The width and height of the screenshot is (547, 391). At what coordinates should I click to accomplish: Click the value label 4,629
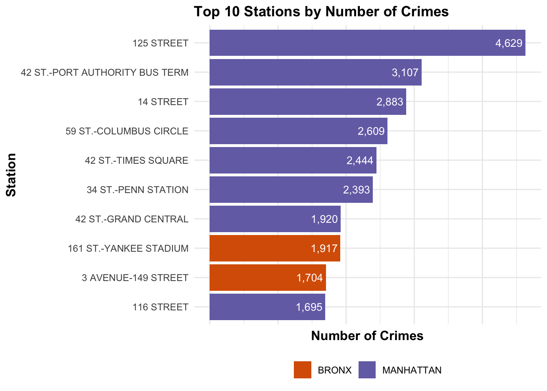coord(509,43)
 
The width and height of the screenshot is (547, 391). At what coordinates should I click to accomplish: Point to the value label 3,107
coord(405,72)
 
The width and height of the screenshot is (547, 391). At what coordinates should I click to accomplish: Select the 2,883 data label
coord(389,102)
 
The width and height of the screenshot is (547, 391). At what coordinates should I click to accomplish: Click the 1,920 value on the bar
coord(324,219)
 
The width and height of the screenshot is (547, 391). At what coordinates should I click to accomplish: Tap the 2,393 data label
coord(357,190)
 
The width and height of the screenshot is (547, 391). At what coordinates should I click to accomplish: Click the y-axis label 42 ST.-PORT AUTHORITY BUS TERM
coord(105,72)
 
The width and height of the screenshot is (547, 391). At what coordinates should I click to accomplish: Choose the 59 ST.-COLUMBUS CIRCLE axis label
coord(127,131)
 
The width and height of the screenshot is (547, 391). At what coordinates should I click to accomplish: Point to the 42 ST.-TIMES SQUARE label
coord(137,160)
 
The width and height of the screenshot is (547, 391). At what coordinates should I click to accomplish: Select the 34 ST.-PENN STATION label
coord(138,190)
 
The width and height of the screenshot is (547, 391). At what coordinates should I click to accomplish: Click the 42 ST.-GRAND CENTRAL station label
coord(132,219)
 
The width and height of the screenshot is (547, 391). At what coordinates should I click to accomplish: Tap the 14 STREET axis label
coord(163,102)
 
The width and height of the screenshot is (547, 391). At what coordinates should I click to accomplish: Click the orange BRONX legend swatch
coord(302,370)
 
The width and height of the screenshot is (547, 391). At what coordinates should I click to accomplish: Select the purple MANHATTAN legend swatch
coord(367,370)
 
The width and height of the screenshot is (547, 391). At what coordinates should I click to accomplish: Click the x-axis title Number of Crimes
coord(367,336)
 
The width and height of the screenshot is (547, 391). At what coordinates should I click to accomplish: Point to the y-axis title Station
coord(11,175)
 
